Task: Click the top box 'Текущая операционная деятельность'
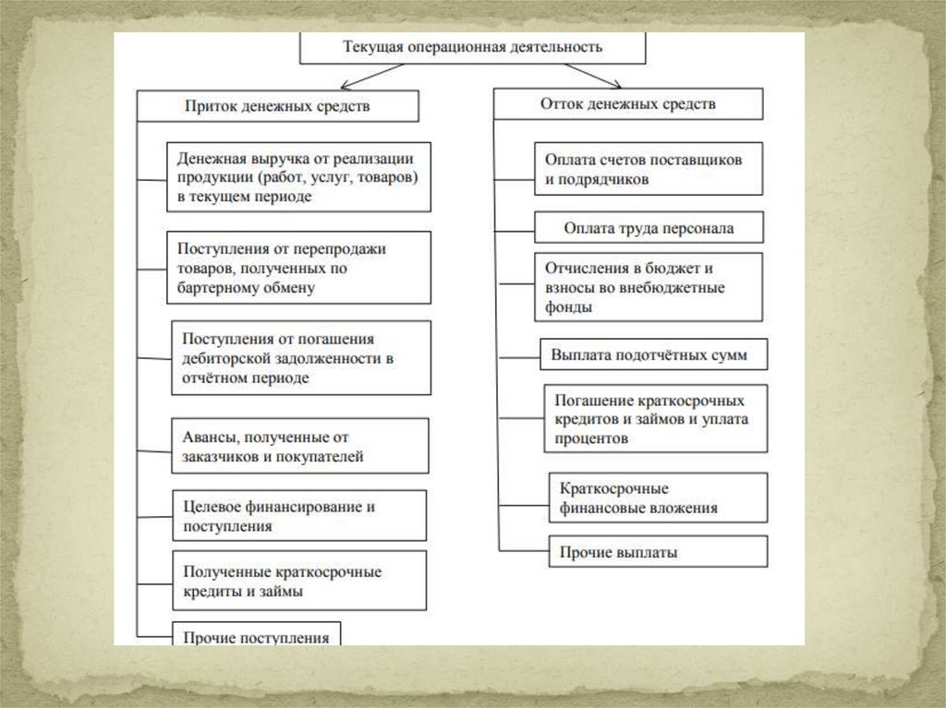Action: tap(472, 47)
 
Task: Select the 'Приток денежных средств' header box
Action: tap(278, 105)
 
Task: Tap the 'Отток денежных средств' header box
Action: tap(627, 104)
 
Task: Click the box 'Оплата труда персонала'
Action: tap(649, 227)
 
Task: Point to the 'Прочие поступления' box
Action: tap(256, 635)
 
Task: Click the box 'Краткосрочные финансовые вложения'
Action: tap(658, 498)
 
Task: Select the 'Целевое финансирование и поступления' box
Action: tap(299, 516)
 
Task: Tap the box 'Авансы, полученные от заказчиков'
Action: tap(299, 446)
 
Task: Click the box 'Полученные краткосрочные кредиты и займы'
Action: tap(299, 582)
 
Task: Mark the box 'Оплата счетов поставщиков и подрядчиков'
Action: tap(649, 169)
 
